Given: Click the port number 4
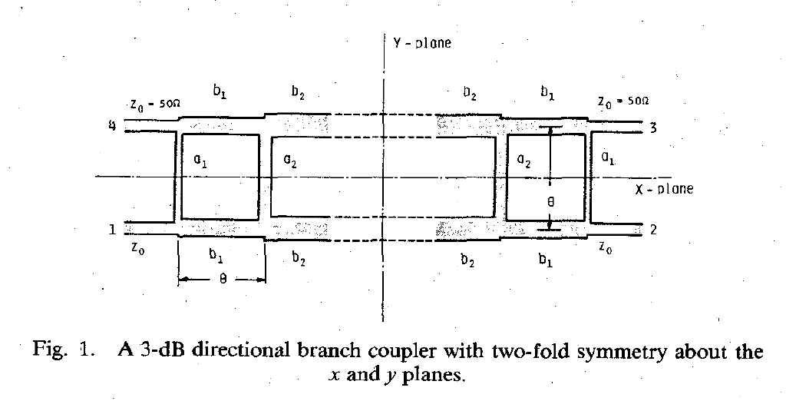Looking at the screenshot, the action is [x=112, y=126].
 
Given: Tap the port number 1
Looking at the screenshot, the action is [x=113, y=230].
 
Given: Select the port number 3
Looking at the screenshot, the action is [x=652, y=128].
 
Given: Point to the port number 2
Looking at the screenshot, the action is [x=653, y=230].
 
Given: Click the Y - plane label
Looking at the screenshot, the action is [x=422, y=43].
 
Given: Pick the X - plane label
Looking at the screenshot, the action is [x=664, y=189].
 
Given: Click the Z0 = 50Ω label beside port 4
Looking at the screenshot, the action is [x=155, y=104].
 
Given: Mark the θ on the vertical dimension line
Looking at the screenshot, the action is [x=551, y=202].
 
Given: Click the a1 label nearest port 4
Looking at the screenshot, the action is [x=200, y=161].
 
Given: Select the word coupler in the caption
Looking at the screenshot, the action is [x=401, y=350].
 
